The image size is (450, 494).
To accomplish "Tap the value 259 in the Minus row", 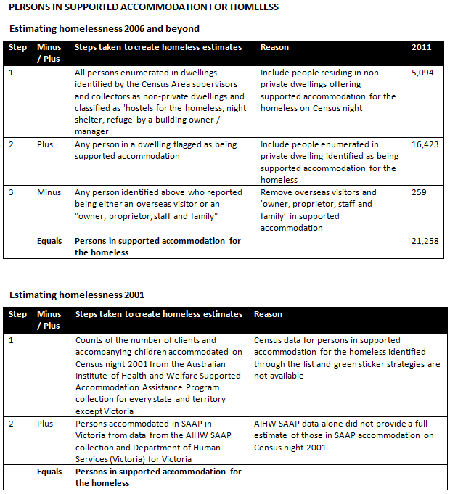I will (x=419, y=192).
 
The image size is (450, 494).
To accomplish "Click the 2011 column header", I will (x=421, y=48).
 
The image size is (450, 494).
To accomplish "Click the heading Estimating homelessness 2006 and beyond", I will (x=104, y=29).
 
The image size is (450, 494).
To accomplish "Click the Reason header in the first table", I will (x=274, y=48).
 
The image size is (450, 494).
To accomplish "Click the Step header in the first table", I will (x=17, y=48).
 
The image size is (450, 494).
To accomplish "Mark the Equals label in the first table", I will (x=49, y=241).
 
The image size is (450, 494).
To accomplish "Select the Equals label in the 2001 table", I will (x=49, y=472).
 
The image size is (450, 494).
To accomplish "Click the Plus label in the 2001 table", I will (x=46, y=424).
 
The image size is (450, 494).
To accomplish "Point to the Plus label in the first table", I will (x=46, y=144).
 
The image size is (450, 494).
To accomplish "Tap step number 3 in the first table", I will (x=11, y=192).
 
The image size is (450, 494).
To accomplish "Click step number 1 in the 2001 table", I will (x=11, y=340).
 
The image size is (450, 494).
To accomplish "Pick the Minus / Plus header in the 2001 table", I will (x=49, y=320).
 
